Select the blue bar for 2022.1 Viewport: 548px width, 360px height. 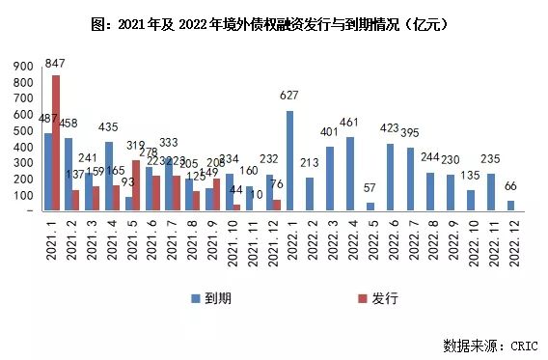coord(289,160)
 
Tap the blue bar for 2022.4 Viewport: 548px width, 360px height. coord(349,174)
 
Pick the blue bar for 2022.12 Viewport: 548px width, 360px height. coord(510,206)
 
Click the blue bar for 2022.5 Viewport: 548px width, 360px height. coord(370,207)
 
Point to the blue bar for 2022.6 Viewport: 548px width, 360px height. coord(390,177)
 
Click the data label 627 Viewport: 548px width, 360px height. coord(289,97)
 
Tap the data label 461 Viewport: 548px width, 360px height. coord(349,125)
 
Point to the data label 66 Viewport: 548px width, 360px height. coord(510,188)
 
